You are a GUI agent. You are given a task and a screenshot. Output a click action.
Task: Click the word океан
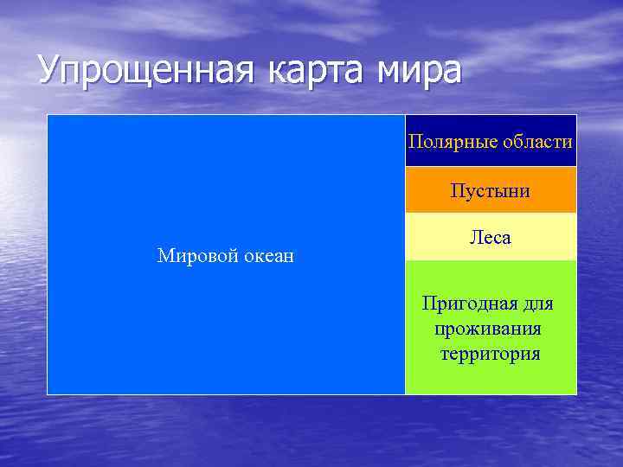pos(266,255)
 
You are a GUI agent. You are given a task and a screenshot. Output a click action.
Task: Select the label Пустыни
pos(490,190)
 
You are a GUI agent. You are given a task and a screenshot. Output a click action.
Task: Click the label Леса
pos(490,237)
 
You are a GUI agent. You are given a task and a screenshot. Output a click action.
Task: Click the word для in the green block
pos(537,304)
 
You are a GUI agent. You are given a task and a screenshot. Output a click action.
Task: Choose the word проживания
pos(489,329)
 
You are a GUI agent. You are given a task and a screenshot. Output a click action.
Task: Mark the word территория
pos(490,354)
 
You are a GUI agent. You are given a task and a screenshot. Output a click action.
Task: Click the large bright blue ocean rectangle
pos(225,173)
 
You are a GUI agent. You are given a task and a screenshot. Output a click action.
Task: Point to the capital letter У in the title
pos(51,71)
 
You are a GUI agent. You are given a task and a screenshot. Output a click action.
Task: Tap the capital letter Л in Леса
pos(475,237)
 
